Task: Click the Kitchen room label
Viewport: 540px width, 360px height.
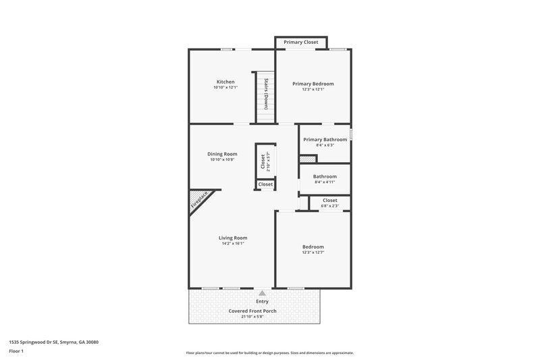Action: click(225, 82)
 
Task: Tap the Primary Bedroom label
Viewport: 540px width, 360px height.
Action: click(313, 84)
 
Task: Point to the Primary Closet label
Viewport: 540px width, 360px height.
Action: click(300, 42)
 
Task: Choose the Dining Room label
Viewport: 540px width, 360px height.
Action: click(222, 154)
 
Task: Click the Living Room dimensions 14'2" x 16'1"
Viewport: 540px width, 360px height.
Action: click(232, 243)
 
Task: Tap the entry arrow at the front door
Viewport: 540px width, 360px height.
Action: click(262, 293)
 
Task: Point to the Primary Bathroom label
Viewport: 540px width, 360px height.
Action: click(325, 139)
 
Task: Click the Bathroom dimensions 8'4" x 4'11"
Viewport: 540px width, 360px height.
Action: click(325, 182)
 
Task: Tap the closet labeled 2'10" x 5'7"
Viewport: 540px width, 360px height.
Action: click(263, 161)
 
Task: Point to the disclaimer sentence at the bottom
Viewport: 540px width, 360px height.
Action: click(269, 353)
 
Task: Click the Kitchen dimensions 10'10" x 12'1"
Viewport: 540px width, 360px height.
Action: click(225, 88)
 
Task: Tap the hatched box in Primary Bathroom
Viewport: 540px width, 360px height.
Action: click(308, 159)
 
